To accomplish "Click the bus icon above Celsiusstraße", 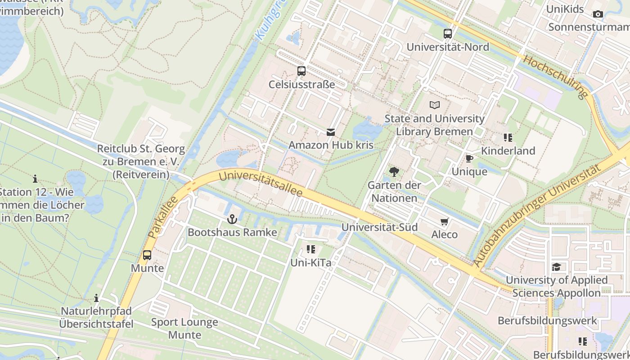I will tap(301, 71).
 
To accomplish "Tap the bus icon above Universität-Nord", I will tap(448, 33).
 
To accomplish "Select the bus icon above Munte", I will tap(147, 255).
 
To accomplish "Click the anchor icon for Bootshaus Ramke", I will tap(232, 219).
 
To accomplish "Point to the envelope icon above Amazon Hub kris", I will tap(331, 132).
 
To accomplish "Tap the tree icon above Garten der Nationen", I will tap(394, 171).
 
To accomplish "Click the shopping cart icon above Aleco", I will tap(445, 221).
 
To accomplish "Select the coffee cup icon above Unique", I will tap(469, 158).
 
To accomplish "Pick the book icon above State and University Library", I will tap(434, 105).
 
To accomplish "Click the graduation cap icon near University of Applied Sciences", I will tap(557, 267).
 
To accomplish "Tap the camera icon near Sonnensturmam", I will tap(598, 14).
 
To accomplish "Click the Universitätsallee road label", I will tap(261, 184).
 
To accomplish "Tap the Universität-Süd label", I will tap(379, 227).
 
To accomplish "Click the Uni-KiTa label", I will tap(311, 263).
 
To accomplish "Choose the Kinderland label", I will tap(508, 151).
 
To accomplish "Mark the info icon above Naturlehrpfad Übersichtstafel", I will tap(96, 298).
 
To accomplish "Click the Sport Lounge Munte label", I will tap(184, 328).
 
